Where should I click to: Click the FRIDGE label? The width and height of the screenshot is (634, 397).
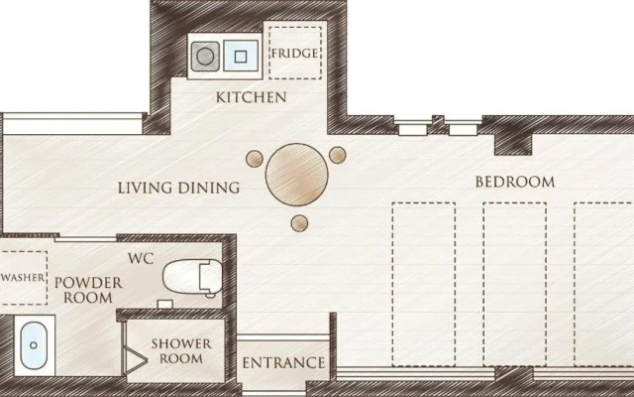[294, 53]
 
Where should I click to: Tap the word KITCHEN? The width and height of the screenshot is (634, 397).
[251, 97]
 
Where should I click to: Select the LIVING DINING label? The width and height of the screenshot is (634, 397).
[178, 188]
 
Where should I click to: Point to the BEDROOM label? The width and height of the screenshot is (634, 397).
[515, 182]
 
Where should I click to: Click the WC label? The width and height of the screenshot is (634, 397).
[141, 258]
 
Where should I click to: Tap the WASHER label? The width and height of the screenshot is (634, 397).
[23, 278]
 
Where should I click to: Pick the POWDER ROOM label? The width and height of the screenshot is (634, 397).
[88, 290]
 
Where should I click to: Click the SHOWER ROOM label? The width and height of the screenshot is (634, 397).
[181, 350]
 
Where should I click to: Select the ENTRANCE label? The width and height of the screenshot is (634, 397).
[283, 363]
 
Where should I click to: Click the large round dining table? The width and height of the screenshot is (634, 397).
[297, 175]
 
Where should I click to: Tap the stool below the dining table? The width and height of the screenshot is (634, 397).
[299, 223]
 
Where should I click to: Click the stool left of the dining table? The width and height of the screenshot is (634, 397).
[255, 159]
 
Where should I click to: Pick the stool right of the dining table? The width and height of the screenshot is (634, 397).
[337, 155]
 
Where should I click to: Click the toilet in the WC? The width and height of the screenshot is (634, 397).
[193, 277]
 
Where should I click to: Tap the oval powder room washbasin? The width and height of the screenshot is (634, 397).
[34, 345]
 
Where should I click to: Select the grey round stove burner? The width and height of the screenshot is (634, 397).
[205, 56]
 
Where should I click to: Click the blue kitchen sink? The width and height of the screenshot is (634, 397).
[241, 56]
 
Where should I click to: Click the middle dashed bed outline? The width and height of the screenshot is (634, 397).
[515, 284]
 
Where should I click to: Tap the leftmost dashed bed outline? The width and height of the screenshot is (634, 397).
[424, 284]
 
